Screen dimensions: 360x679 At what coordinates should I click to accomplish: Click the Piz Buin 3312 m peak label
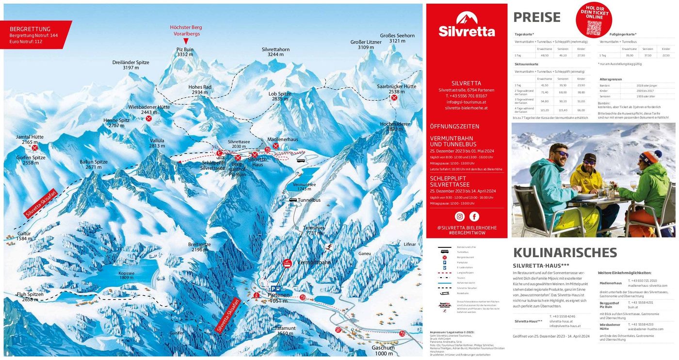[185, 52]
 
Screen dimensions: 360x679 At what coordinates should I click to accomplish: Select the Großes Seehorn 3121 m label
[397, 38]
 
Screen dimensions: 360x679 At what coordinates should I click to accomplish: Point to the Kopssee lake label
[126, 275]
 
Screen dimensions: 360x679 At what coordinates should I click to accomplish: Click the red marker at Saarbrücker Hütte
[394, 98]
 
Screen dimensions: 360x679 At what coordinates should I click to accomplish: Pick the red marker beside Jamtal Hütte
[34, 147]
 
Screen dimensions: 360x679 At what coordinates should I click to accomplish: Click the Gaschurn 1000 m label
[383, 350]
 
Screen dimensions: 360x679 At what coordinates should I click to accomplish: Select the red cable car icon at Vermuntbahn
[287, 264]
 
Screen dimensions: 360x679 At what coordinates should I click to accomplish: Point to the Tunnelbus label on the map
[308, 200]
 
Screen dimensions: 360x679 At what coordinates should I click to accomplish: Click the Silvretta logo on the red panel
[467, 25]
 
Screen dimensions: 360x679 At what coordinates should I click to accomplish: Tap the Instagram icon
[459, 217]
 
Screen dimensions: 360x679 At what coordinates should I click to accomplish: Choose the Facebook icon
[474, 217]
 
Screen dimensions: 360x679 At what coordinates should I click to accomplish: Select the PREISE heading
[537, 17]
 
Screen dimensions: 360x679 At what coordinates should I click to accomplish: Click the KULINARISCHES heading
[565, 252]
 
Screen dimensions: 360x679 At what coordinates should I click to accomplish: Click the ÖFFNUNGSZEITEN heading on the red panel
[454, 126]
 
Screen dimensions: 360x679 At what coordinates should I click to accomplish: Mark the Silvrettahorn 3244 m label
[275, 52]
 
